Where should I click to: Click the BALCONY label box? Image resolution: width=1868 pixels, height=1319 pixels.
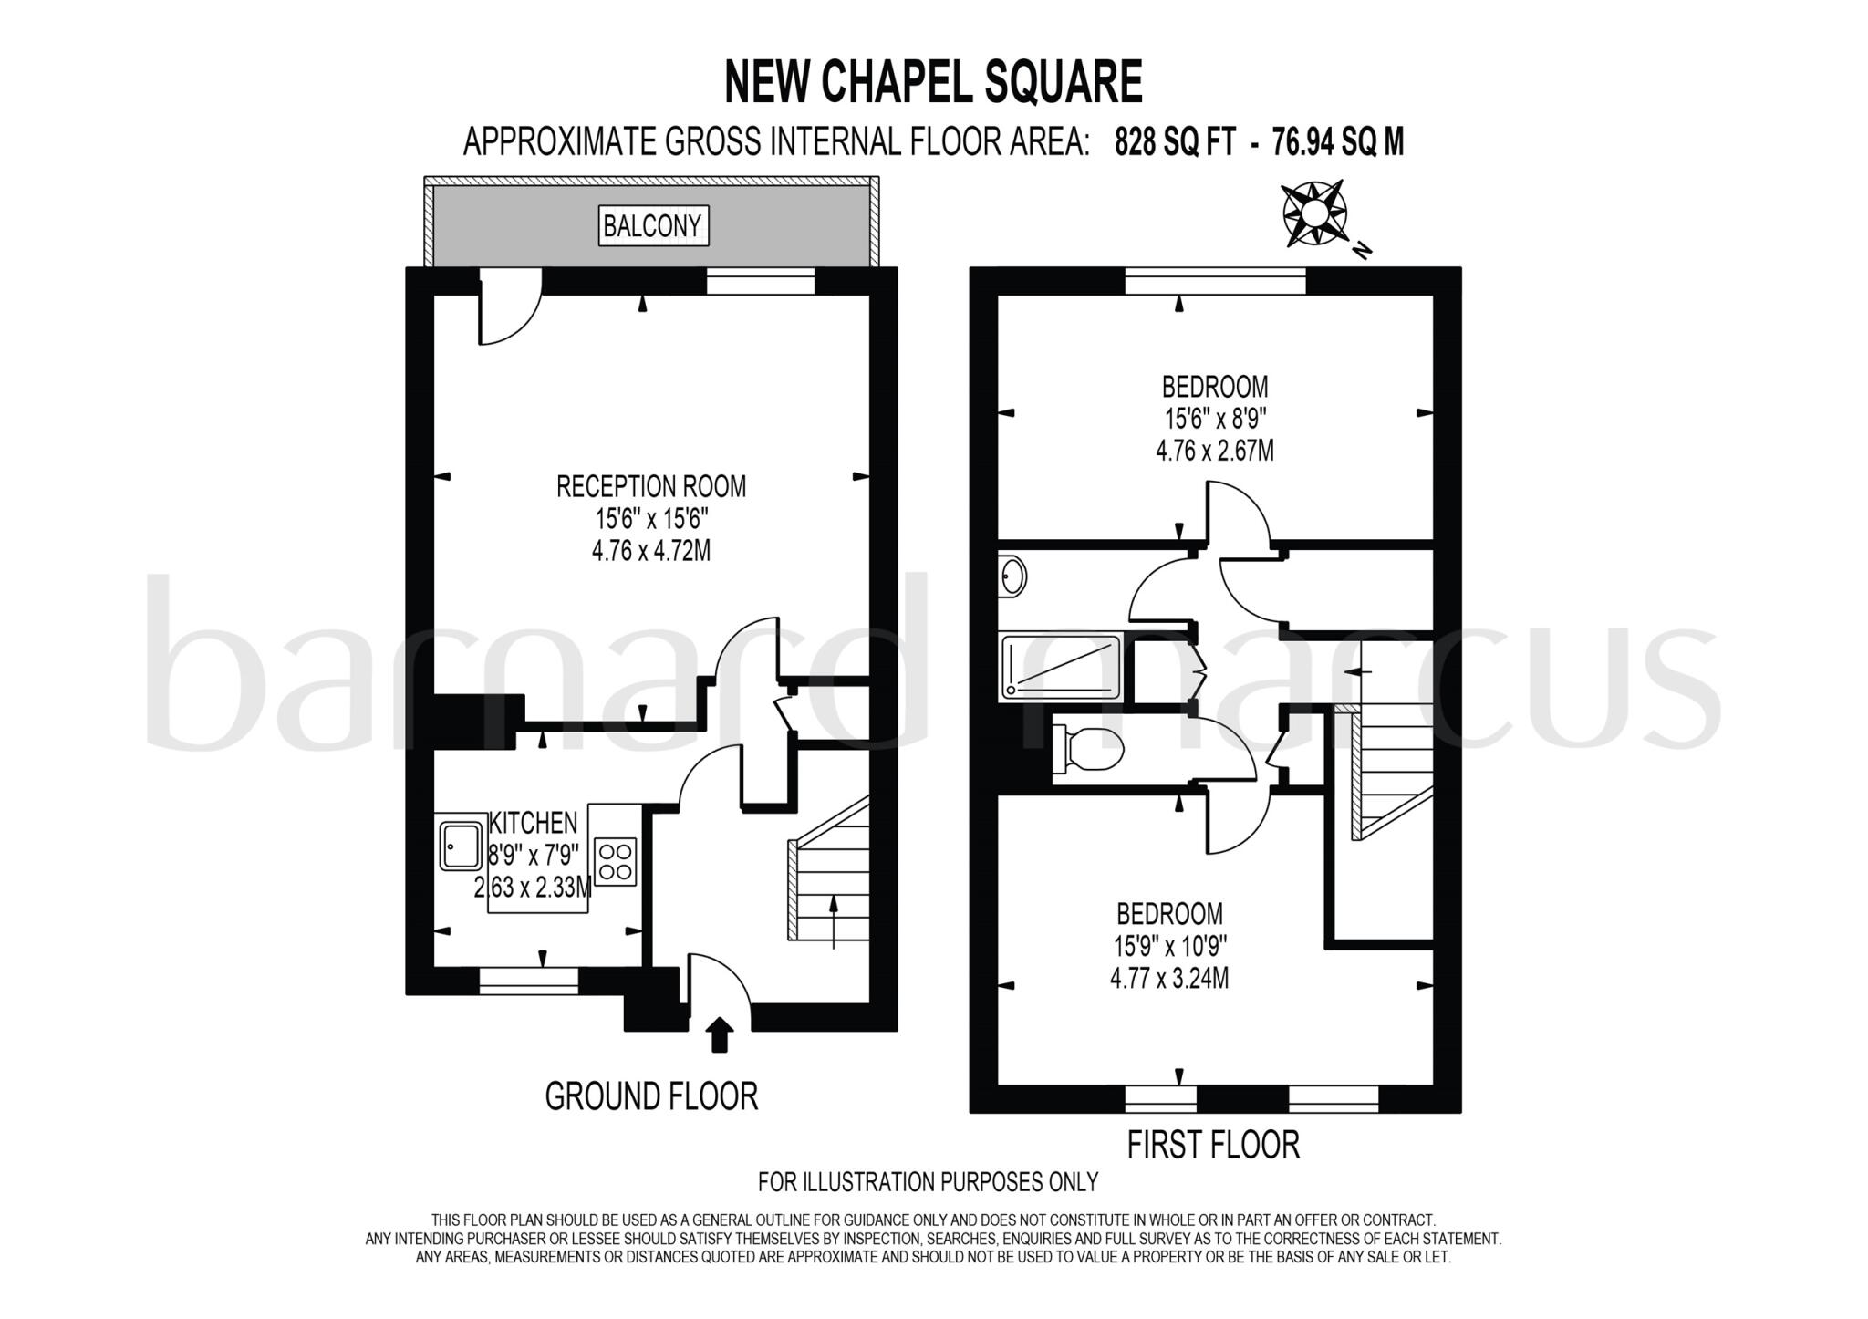point(652,225)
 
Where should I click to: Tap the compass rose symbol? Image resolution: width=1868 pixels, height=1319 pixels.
point(1314,214)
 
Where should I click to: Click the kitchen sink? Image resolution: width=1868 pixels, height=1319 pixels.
point(462,846)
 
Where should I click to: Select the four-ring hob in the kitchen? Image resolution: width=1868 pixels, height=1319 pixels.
point(615,861)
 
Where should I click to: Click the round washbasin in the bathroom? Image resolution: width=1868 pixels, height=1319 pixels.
point(1012,576)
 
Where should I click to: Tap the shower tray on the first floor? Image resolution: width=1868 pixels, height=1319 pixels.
point(1060,668)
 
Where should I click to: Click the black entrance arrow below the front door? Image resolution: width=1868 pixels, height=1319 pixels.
point(720,1034)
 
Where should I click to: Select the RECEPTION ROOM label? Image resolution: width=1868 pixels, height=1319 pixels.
point(651,486)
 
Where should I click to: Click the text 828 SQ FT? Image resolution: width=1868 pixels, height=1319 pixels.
point(1175,142)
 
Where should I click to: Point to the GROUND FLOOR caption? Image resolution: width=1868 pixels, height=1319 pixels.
point(651,1096)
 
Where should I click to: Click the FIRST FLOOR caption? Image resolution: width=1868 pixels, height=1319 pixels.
point(1212,1144)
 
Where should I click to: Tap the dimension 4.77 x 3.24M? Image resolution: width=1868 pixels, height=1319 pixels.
point(1168,979)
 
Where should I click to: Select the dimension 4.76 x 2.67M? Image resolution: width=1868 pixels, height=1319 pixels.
point(1214,451)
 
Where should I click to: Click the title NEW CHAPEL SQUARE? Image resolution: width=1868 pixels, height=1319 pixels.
point(932,82)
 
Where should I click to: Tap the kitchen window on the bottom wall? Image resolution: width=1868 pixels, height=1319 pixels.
point(529,981)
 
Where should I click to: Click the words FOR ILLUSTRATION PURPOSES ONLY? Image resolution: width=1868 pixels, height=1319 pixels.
point(928,1182)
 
